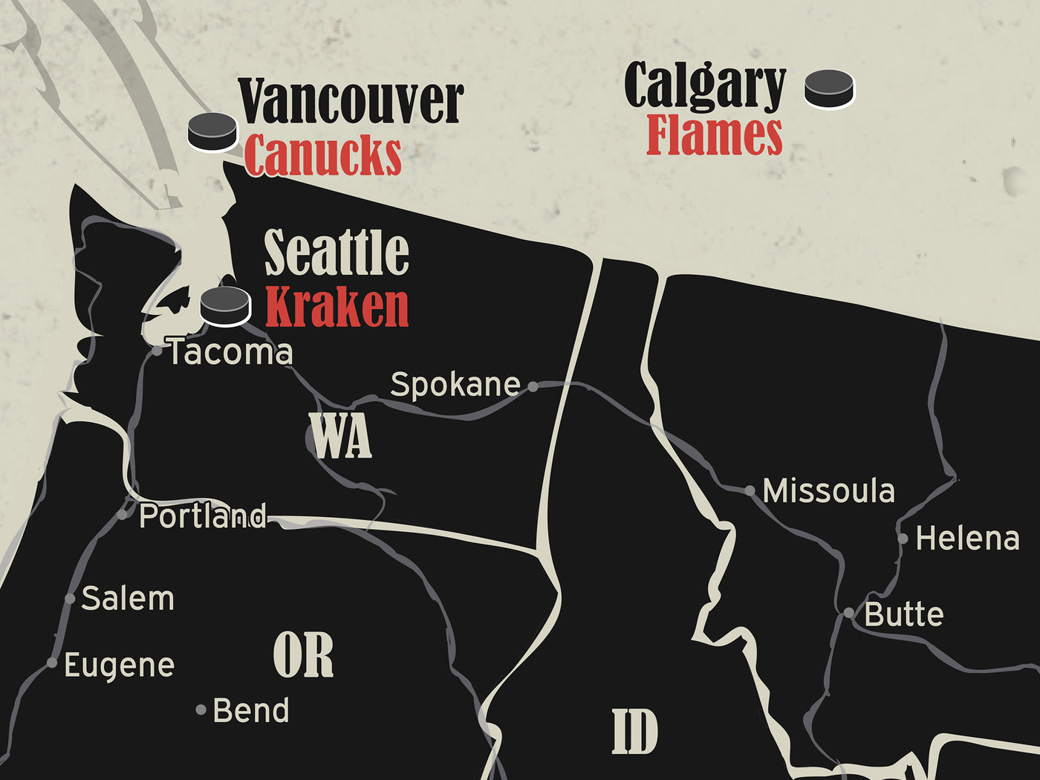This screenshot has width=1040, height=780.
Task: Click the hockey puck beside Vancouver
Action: pos(212,132)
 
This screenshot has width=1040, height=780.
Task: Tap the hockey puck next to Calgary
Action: pos(829,89)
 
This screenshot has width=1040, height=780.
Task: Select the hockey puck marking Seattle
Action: pos(225,306)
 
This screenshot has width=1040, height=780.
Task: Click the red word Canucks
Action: pos(322,155)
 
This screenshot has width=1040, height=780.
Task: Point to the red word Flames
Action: pos(714,136)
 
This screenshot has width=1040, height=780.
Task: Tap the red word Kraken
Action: pos(337,307)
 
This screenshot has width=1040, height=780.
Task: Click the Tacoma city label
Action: pos(230,352)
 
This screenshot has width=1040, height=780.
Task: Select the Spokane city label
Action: pos(455,384)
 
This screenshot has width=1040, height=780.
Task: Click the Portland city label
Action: pos(203,516)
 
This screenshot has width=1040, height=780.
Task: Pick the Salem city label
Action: pos(128,598)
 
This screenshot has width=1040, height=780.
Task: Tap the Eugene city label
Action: pos(119,665)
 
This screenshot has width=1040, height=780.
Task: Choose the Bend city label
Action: pos(250,710)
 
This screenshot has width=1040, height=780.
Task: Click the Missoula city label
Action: pos(828,491)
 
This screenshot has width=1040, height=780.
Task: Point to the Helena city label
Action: pos(967,539)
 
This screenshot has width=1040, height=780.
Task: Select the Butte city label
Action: pos(904,614)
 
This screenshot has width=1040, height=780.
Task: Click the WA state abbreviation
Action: pos(340,436)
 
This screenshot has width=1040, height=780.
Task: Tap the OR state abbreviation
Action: pos(303,655)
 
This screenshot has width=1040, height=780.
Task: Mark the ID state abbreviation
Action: pos(634,732)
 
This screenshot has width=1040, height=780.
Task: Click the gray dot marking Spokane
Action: pos(533,386)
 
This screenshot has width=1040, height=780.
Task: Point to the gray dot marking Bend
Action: pos(201,710)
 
